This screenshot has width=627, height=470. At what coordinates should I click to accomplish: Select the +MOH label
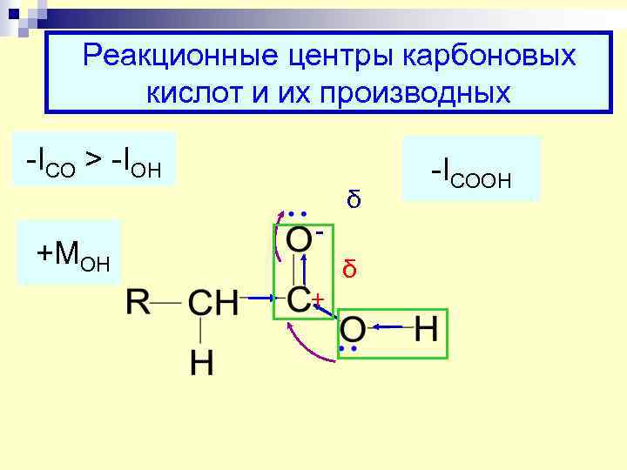(x=73, y=256)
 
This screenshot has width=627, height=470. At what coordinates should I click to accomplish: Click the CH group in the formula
(x=212, y=303)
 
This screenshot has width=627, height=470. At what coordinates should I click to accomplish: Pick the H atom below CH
(x=201, y=363)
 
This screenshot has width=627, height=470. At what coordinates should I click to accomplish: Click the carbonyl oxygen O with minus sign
(x=299, y=241)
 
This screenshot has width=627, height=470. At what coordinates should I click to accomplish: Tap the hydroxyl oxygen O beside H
(x=354, y=331)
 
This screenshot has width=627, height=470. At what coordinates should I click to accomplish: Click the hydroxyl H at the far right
(x=427, y=331)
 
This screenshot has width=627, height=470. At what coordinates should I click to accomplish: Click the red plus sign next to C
(x=319, y=300)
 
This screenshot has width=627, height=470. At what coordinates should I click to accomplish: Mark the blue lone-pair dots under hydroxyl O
(x=349, y=349)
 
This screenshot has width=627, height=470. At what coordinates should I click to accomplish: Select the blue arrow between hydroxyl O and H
(x=389, y=326)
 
